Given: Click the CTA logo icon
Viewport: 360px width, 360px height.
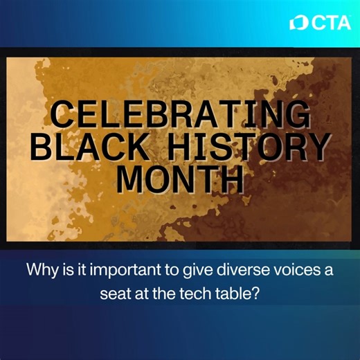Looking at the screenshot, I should (x=298, y=22).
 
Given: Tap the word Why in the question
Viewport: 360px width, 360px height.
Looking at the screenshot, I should (x=40, y=269).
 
